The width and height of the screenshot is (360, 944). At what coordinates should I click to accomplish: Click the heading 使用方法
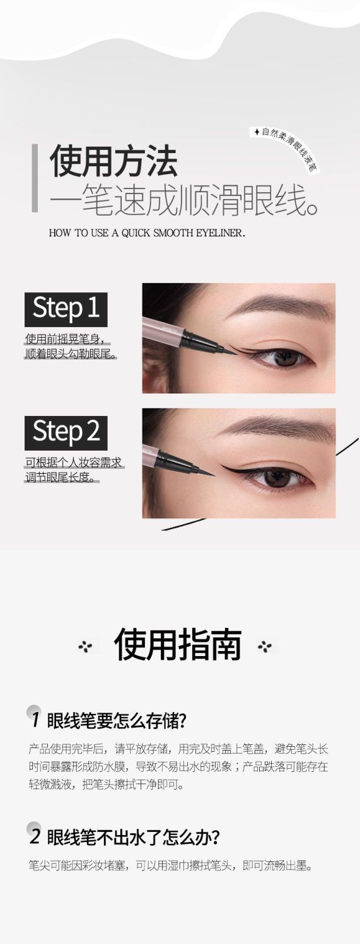click(113, 161)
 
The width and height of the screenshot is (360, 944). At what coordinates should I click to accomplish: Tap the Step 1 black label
click(66, 309)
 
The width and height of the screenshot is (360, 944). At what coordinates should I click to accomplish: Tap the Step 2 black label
click(66, 433)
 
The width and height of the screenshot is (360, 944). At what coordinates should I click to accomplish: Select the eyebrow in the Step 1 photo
click(287, 306)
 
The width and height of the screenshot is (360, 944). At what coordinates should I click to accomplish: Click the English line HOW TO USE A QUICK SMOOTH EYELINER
click(147, 233)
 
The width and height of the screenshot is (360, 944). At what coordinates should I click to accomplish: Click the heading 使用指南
click(178, 645)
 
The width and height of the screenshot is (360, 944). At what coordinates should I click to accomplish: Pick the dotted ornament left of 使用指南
click(86, 647)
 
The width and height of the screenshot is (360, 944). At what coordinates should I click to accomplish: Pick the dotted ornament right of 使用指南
click(265, 647)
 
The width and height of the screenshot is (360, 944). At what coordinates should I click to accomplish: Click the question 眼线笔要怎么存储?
click(117, 721)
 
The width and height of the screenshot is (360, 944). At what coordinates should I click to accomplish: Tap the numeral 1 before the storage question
click(36, 720)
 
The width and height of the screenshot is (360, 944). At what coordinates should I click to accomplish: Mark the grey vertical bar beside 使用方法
click(35, 178)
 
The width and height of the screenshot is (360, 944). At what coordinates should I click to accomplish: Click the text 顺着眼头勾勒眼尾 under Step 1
click(70, 354)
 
